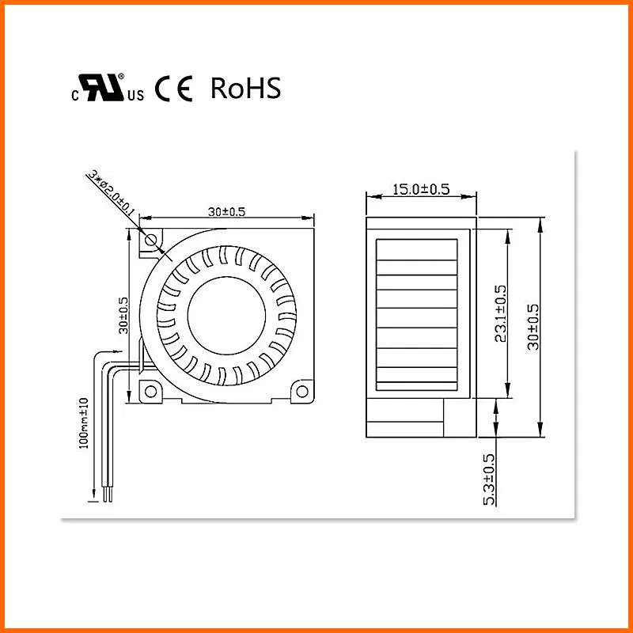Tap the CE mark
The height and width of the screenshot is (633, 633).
click(173, 89)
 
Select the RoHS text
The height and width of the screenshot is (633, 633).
click(245, 89)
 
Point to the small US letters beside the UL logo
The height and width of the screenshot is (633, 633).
click(135, 96)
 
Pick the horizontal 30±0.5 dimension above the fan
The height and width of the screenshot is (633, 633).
click(228, 211)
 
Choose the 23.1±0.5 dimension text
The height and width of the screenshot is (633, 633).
click(501, 313)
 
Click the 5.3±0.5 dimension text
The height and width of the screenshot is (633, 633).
click(488, 479)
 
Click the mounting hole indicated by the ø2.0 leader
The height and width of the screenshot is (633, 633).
click(150, 240)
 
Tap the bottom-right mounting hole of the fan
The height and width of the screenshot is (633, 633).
click(301, 390)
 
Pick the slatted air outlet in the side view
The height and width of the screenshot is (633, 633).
click(418, 316)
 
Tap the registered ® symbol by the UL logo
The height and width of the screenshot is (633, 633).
click(121, 77)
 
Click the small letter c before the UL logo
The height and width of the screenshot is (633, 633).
click(75, 96)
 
